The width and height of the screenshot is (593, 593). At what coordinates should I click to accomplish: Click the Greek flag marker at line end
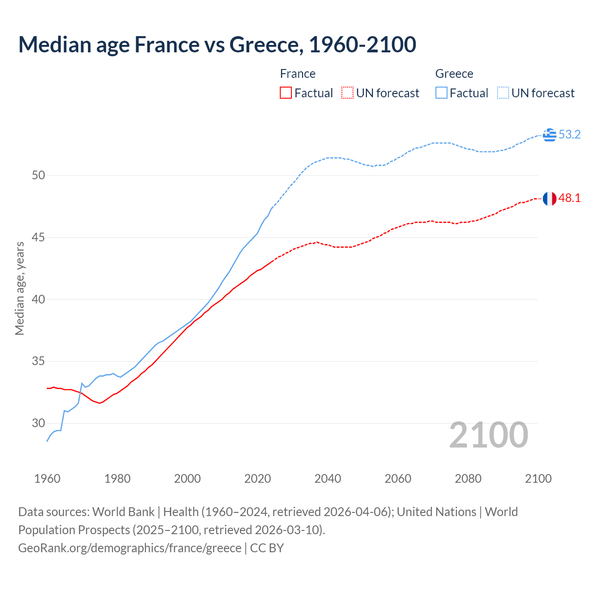(549, 135)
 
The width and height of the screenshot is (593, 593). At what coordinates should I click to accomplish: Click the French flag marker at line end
(549, 198)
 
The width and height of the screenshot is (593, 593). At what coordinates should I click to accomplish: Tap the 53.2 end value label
(569, 135)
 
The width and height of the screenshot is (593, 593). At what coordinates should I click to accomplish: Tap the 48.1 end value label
(569, 198)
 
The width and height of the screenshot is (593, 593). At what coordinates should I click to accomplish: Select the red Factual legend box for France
(286, 93)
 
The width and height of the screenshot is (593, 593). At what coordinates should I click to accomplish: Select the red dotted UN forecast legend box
(347, 93)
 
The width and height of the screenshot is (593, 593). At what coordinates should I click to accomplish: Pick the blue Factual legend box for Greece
(442, 93)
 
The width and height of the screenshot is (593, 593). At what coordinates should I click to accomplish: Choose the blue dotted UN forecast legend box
(503, 93)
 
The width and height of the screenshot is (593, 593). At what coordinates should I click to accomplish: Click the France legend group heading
(298, 74)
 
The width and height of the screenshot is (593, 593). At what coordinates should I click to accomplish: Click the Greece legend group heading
(454, 74)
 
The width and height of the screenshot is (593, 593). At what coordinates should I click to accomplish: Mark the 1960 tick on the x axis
(47, 479)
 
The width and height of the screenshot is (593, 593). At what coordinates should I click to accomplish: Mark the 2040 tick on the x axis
(328, 479)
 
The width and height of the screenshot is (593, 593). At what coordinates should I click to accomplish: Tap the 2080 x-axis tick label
(468, 479)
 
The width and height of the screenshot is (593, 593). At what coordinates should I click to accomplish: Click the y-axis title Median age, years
(19, 288)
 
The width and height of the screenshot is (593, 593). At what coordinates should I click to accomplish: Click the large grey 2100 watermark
(489, 435)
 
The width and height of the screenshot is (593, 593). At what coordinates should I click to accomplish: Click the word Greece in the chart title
(264, 44)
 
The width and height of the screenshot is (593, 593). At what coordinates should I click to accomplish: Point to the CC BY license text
(267, 548)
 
